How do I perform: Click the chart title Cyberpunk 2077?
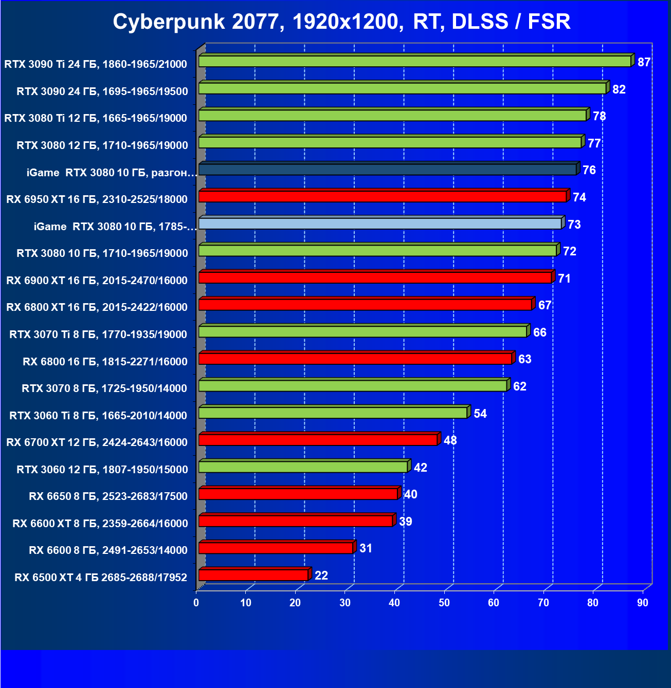[341, 22]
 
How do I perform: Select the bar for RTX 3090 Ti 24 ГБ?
[414, 61]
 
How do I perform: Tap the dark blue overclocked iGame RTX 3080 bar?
[387, 169]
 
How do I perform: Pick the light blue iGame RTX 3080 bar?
[380, 224]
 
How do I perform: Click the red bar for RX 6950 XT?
[382, 196]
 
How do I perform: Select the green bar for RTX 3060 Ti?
[333, 413]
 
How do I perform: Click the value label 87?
[644, 62]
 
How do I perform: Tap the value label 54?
[480, 414]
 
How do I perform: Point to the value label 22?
[321, 575]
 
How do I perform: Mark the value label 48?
[450, 440]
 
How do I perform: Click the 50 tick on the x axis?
[444, 603]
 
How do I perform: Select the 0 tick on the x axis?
[196, 603]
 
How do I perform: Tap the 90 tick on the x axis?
[643, 603]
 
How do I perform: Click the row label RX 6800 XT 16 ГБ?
[97, 307]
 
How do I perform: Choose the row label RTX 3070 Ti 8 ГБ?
[98, 334]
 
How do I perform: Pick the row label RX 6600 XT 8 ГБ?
[100, 524]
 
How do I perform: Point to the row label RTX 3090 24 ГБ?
[102, 91]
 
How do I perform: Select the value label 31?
[366, 548]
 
